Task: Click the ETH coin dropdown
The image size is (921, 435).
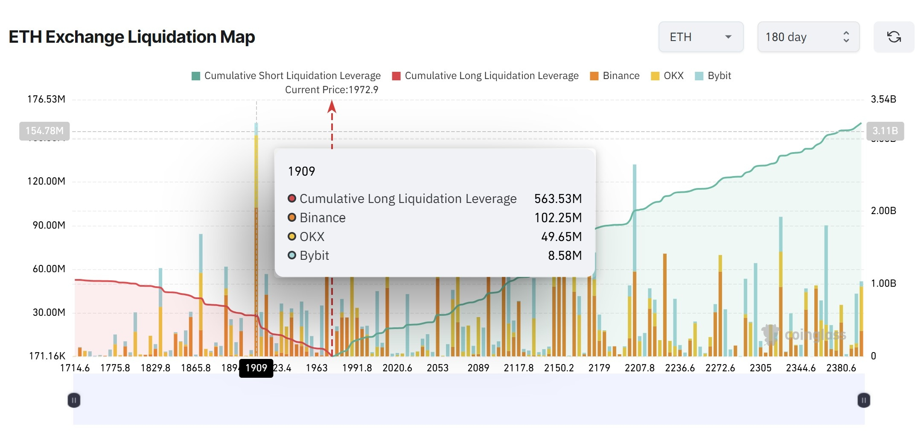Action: tap(700, 37)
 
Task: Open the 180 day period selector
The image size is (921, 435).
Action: tap(808, 37)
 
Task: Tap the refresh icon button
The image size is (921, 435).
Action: tap(894, 37)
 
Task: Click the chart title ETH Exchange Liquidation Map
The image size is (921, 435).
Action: tap(131, 37)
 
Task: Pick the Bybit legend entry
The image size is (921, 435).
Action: tap(713, 76)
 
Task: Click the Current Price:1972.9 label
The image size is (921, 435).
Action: tap(331, 90)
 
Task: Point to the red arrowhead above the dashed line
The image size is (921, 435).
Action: tap(332, 106)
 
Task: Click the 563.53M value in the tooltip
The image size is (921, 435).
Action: tap(558, 199)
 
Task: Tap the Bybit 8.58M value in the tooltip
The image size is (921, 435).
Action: tap(565, 256)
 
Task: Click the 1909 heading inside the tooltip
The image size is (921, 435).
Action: tap(301, 171)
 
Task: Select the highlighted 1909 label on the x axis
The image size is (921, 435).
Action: tap(256, 368)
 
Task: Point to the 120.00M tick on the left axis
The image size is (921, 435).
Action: tap(46, 181)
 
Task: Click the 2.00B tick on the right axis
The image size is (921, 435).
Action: tap(883, 211)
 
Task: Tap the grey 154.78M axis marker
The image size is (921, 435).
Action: tap(44, 131)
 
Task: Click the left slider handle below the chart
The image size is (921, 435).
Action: tap(74, 400)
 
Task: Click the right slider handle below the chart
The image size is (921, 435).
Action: tap(863, 400)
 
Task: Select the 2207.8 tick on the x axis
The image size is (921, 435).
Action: tap(639, 368)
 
